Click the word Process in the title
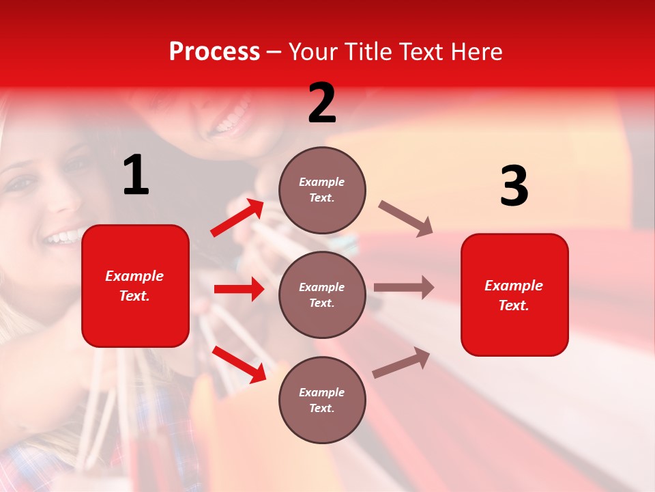(x=214, y=52)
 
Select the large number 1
(x=136, y=176)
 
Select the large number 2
(x=322, y=104)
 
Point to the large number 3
(x=514, y=186)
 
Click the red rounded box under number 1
(x=135, y=286)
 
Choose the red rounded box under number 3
(x=514, y=295)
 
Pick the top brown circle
(x=322, y=189)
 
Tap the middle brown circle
(x=322, y=295)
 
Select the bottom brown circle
(x=322, y=400)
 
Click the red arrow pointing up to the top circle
(x=237, y=218)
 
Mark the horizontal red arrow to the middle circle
(x=239, y=289)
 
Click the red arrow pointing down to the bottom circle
(x=239, y=364)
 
